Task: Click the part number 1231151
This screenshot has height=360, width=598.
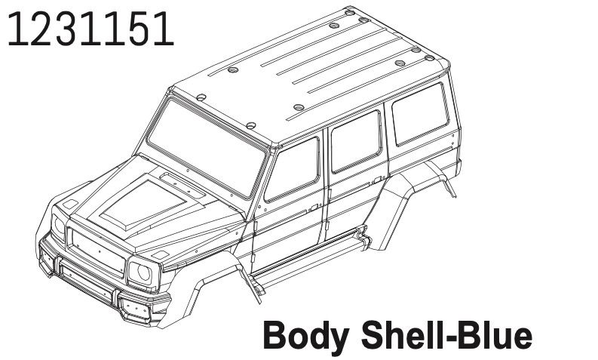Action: (90, 29)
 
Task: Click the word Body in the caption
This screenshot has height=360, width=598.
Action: (305, 336)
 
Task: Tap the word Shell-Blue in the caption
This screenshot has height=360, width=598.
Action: (446, 335)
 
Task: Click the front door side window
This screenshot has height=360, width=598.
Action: (292, 170)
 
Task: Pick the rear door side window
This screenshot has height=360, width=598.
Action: (356, 141)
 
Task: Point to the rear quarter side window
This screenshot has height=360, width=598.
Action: (420, 114)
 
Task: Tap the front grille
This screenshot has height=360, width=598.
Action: (97, 252)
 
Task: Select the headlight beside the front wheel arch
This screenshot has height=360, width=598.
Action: (140, 272)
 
